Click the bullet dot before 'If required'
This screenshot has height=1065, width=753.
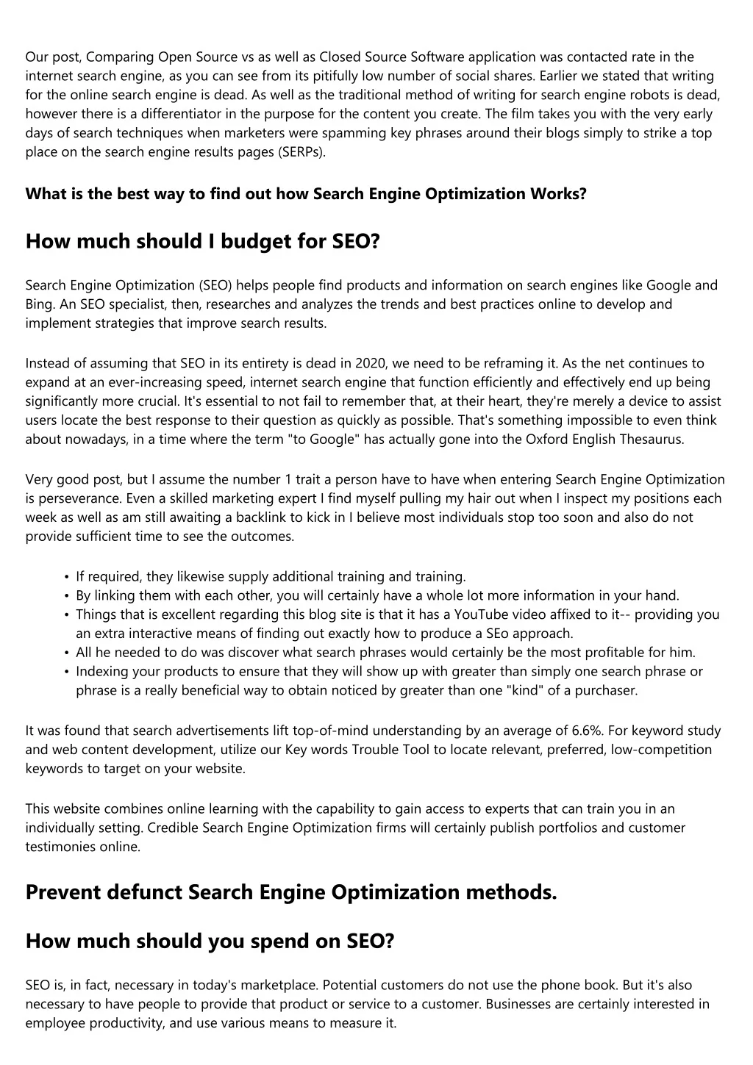(67, 578)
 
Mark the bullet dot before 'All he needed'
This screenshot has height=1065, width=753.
(67, 653)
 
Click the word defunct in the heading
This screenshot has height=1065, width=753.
(145, 892)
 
